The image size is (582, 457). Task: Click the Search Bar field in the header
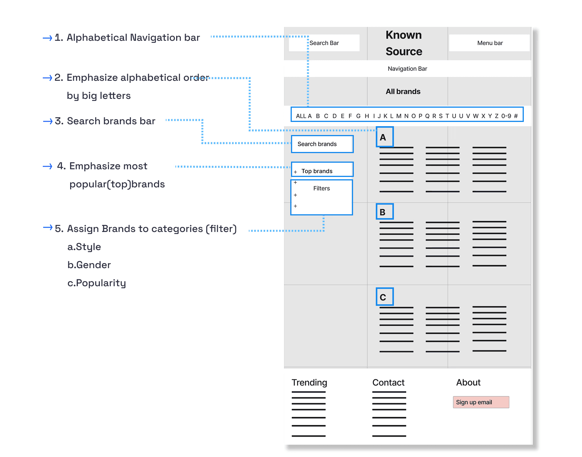point(324,43)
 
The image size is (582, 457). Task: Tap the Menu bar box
point(489,43)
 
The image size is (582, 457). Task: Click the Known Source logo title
point(404,43)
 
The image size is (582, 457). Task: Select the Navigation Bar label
point(407,68)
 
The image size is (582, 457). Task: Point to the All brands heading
point(403,92)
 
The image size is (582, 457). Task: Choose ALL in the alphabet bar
point(301,116)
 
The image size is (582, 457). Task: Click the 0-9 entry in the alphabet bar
point(506,116)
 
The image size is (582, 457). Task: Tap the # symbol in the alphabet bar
point(516,116)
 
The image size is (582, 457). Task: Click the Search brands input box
point(322,144)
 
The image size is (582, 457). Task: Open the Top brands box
point(322,170)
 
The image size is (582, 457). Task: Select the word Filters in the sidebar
point(321,188)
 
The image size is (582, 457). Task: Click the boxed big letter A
point(384,137)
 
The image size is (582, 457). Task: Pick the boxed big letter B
point(384,212)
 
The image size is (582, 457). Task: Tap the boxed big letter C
point(384,297)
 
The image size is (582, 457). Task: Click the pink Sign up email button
point(481,402)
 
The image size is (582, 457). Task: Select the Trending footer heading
point(309,382)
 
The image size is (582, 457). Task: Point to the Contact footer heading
point(388,382)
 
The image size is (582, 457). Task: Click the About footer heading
point(468,382)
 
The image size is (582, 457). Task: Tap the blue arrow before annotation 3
point(47,122)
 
